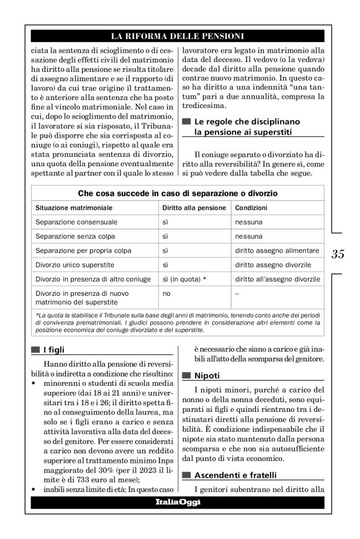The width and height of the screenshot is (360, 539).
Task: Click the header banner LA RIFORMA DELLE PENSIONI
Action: click(x=177, y=36)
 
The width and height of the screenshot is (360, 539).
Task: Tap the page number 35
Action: click(x=338, y=254)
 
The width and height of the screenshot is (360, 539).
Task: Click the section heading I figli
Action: click(x=54, y=349)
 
